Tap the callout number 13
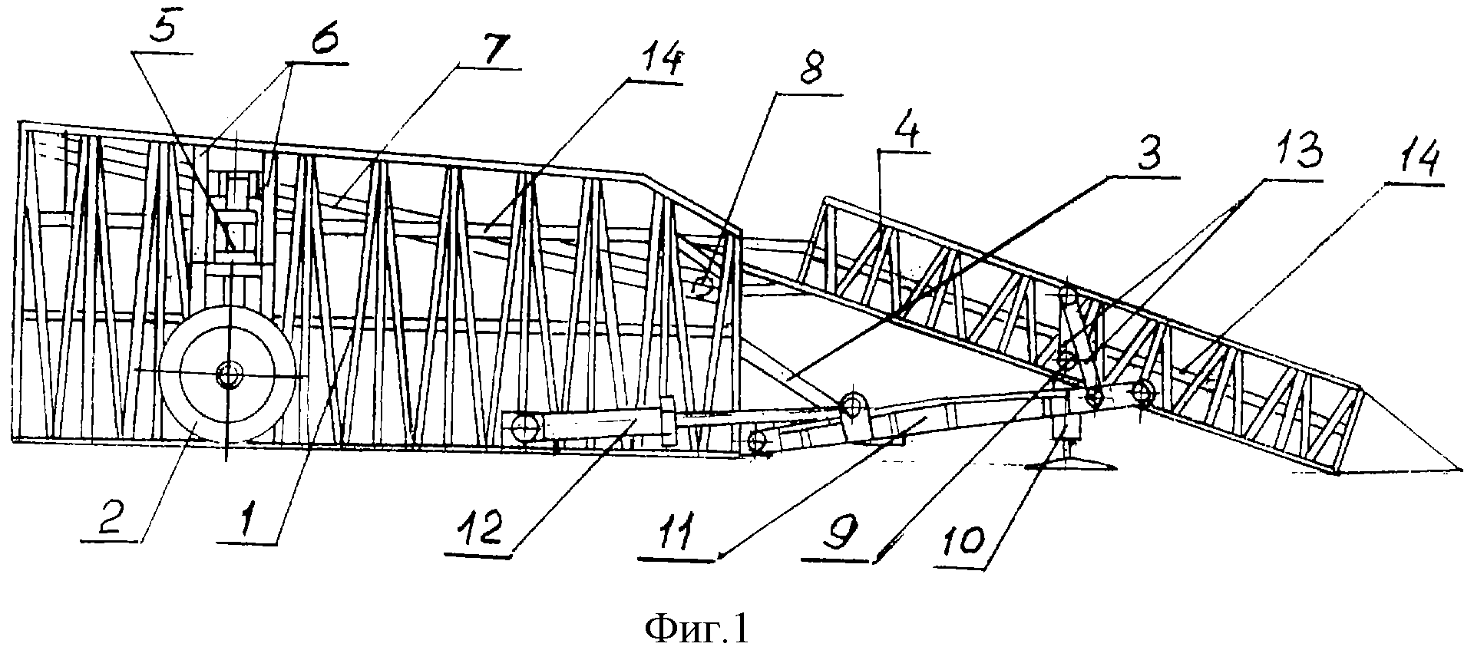[x=1293, y=158]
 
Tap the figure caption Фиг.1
[x=696, y=630]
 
